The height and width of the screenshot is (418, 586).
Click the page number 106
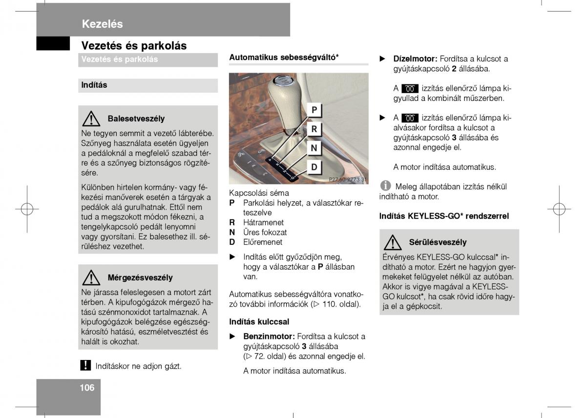(x=87, y=388)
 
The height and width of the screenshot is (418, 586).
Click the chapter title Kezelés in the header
(x=102, y=24)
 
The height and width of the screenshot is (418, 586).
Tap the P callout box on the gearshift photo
(x=314, y=110)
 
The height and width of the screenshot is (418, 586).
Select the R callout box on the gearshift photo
(x=314, y=129)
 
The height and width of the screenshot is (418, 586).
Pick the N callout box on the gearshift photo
(x=314, y=148)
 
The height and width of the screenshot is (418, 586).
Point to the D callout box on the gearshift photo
(x=314, y=167)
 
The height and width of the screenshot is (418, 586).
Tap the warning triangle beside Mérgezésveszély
(x=91, y=277)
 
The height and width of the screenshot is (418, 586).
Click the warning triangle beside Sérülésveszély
(x=393, y=242)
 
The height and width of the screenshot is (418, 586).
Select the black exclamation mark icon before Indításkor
(x=85, y=365)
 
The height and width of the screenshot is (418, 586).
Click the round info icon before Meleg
(x=386, y=186)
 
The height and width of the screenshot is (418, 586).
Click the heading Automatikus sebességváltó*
(x=284, y=57)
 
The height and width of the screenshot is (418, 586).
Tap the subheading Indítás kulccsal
(x=259, y=321)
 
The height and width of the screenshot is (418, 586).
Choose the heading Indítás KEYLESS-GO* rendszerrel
(x=444, y=216)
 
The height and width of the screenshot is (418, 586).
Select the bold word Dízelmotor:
(x=415, y=59)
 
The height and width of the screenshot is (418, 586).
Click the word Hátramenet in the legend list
(x=263, y=222)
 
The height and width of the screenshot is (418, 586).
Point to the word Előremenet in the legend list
(x=263, y=242)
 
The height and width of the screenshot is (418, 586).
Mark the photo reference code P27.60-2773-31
(x=348, y=179)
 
